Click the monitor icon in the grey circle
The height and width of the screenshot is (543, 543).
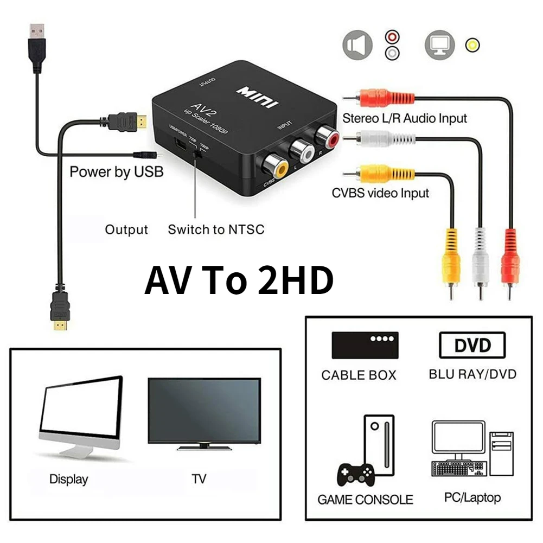440,44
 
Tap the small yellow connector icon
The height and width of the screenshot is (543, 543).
473,44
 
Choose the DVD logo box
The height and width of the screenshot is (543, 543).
472,345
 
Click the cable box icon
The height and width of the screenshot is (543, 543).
365,345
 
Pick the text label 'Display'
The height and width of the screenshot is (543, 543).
68,480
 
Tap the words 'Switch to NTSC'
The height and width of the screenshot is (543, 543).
216,229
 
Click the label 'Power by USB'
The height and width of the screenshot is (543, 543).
116,173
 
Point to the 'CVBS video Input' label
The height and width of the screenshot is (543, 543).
380,193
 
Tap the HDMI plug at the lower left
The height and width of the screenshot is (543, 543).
61,309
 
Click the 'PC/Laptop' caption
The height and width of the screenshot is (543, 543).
472,497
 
